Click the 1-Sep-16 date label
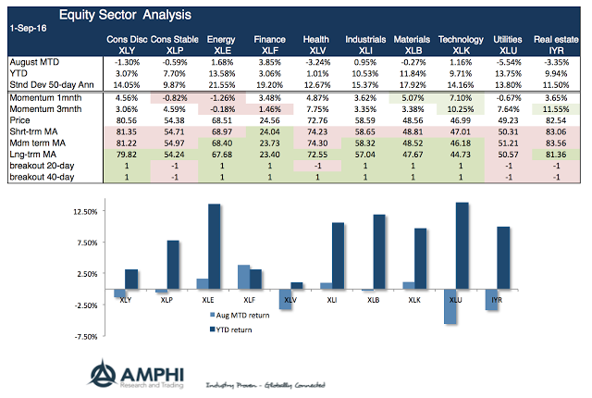pos(27,29)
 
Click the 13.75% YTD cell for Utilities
pos(505,70)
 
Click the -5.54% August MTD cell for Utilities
pos(505,59)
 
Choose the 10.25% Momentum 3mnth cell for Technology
pos(456,107)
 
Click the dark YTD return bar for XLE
pos(215,243)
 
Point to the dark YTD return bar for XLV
pos(296,286)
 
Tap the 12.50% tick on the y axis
pos(84,212)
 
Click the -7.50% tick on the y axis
pos(84,337)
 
